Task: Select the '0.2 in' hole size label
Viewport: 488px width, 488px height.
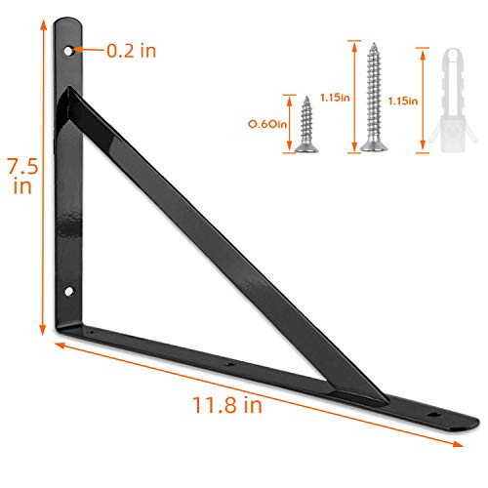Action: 130,50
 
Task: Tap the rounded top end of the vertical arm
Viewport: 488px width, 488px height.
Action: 67,21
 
